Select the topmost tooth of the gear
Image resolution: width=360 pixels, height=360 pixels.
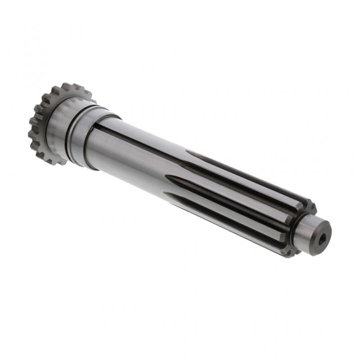(x=67, y=85)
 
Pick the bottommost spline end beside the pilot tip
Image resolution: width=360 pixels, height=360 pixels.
(x=288, y=252)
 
